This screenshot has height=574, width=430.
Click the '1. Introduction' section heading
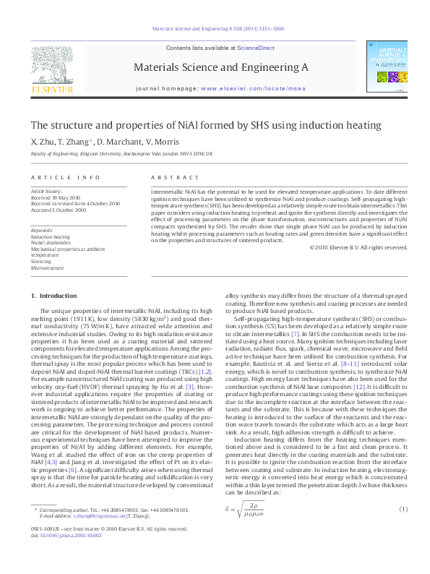[55, 296]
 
